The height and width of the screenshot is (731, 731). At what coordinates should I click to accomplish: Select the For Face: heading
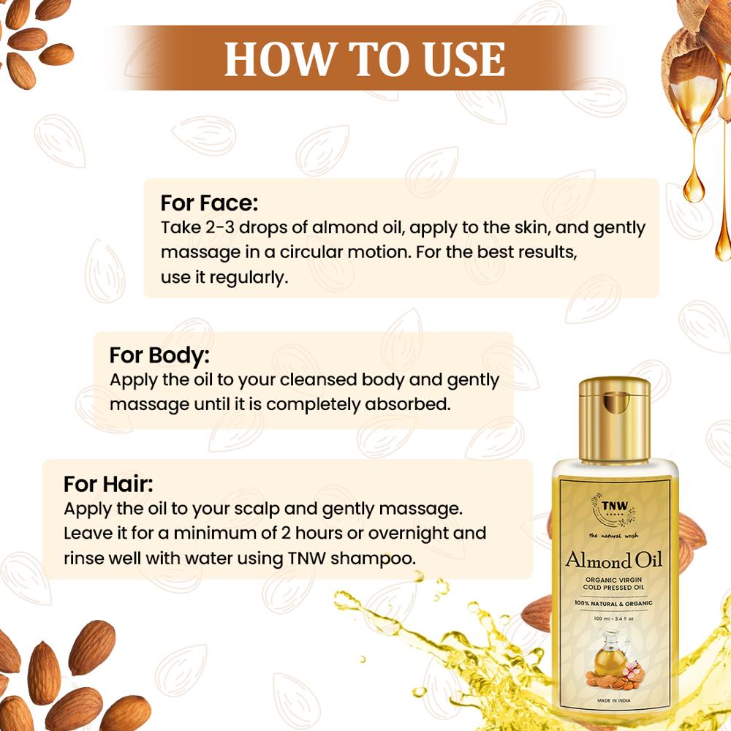coord(209,202)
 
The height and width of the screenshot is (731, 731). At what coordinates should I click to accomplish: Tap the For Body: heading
coord(159,355)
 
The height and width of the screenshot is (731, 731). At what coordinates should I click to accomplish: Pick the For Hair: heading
coord(108,484)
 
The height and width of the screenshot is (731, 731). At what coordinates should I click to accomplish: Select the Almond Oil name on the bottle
coord(613,561)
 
